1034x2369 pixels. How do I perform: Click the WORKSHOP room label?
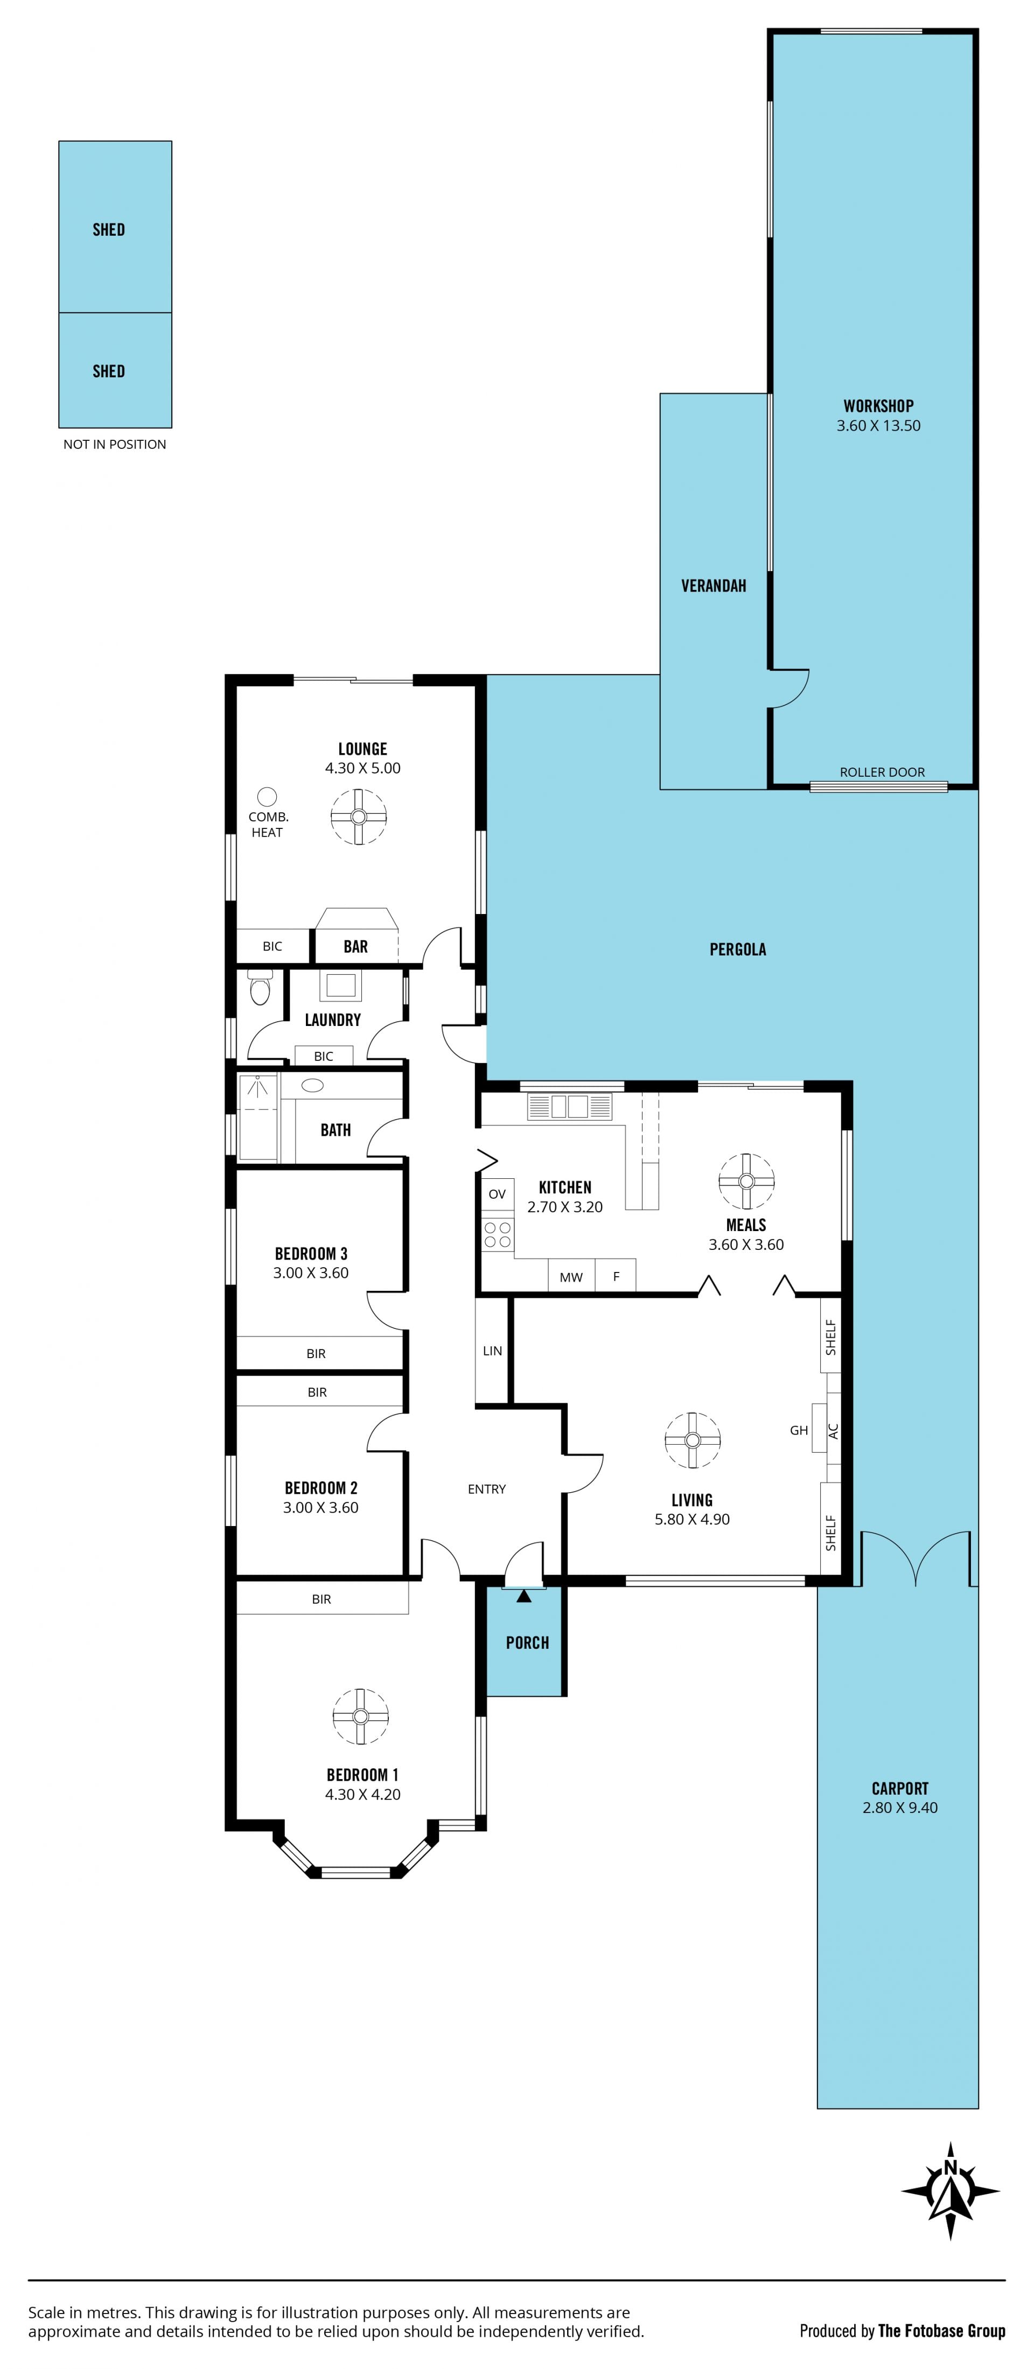[878, 405]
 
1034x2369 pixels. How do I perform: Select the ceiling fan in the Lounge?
[359, 816]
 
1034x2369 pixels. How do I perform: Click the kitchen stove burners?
[498, 1234]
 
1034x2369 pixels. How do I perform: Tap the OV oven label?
[497, 1194]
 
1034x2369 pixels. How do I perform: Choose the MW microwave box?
[571, 1276]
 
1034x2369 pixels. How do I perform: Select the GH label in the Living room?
[799, 1430]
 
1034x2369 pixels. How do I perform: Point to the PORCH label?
[527, 1642]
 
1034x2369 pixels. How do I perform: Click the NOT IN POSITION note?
[115, 444]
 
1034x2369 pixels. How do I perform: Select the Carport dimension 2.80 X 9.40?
[900, 1807]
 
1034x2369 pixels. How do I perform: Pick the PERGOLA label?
[738, 949]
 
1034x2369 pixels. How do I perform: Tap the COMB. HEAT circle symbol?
[267, 797]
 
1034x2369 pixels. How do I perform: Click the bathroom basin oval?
[313, 1085]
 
